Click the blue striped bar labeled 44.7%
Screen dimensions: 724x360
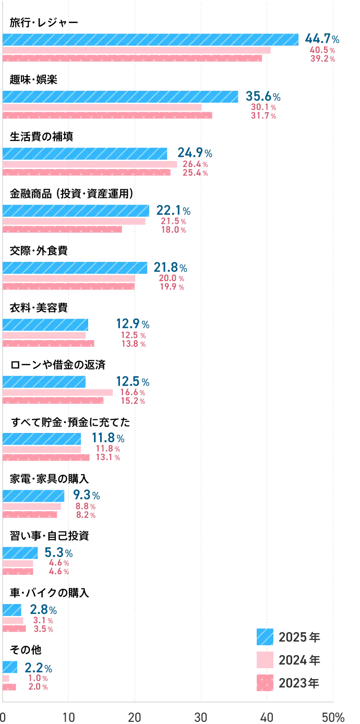point(151,40)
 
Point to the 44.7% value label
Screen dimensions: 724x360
point(323,40)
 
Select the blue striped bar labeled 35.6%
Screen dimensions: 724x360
point(121,97)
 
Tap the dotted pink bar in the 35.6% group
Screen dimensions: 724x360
point(107,116)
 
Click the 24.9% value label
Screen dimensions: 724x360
point(194,153)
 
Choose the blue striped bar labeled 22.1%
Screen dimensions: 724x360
point(76,210)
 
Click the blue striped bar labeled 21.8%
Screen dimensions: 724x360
point(76,268)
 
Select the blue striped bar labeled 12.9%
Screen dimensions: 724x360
point(46,324)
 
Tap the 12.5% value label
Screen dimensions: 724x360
point(133,382)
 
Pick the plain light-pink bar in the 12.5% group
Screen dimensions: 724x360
point(59,392)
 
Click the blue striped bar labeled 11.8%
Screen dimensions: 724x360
point(42,438)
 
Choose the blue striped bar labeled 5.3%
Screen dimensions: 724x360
point(21,552)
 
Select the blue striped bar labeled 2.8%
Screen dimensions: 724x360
point(13,610)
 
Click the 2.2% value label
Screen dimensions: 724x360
point(39,667)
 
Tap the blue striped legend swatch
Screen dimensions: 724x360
point(265,636)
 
